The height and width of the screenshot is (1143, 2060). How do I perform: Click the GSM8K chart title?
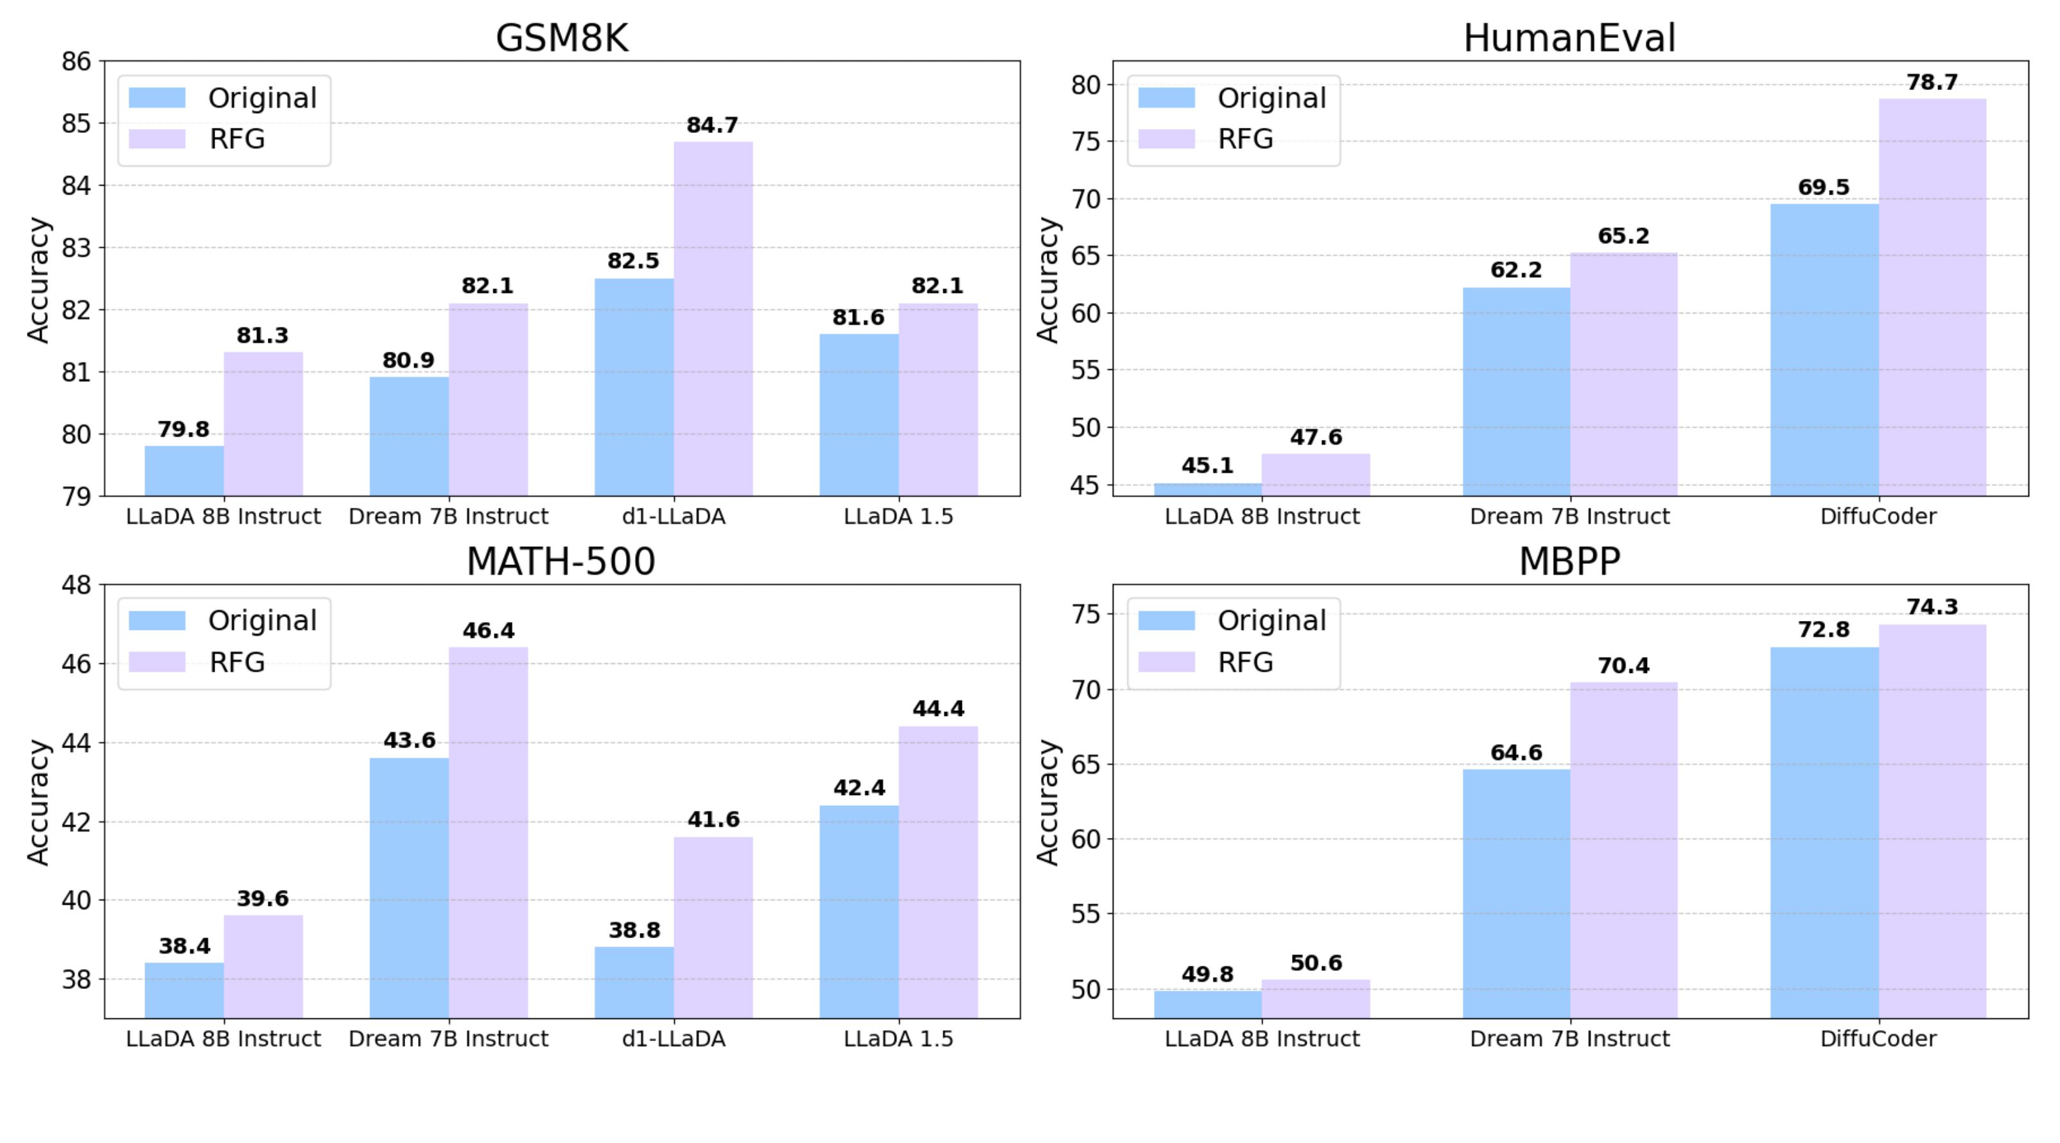click(x=561, y=39)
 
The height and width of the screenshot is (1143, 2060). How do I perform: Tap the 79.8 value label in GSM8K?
click(x=183, y=430)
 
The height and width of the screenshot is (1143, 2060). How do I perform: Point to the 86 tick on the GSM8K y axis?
click(x=76, y=61)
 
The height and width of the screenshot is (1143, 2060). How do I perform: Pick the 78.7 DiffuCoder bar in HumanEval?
click(x=1932, y=297)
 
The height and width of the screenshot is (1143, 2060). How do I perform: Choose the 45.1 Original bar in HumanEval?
click(x=1207, y=489)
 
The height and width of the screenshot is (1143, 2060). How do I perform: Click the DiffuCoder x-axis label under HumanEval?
click(x=1878, y=517)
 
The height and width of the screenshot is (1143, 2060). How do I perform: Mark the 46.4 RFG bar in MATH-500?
click(x=488, y=832)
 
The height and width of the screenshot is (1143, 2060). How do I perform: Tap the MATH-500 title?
click(x=561, y=561)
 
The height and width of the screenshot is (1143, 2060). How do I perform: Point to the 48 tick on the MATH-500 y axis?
click(x=76, y=585)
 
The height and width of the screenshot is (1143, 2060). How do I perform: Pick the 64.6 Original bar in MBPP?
click(x=1515, y=893)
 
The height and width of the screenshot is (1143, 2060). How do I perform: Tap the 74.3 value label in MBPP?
click(x=1932, y=607)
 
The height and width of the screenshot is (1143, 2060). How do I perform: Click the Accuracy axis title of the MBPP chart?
click(x=1047, y=801)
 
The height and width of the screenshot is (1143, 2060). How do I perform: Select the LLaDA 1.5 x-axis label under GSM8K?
click(x=898, y=517)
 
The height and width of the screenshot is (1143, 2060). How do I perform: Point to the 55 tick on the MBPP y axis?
click(x=1087, y=914)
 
